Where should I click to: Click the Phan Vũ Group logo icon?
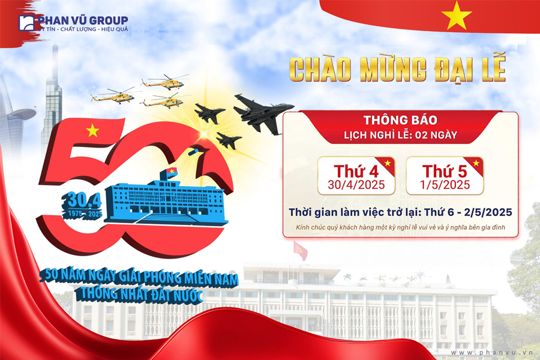[26, 23]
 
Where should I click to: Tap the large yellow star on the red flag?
[457, 15]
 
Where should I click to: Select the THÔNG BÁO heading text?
[401, 120]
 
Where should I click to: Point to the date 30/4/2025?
[356, 185]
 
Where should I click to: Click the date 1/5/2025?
[445, 185]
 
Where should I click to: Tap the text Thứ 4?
[356, 171]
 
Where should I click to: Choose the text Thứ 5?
[445, 171]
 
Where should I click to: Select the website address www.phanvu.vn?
[492, 352]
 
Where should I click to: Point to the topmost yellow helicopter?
[164, 82]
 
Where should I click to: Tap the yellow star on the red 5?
[92, 131]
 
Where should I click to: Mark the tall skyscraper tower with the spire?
[52, 100]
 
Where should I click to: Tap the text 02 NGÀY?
[436, 135]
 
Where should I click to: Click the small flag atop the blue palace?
[171, 172]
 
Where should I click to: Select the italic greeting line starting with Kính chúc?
[401, 227]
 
